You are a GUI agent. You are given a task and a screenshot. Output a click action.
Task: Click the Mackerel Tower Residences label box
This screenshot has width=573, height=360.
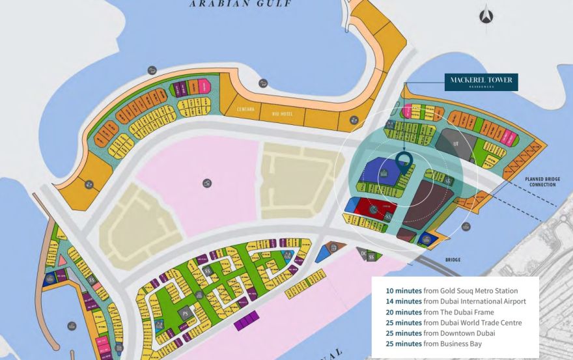click(x=481, y=82)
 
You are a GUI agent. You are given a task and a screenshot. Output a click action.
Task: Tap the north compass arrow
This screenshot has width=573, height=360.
click(x=486, y=16)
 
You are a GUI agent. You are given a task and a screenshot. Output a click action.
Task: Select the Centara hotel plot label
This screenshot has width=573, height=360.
click(x=245, y=109)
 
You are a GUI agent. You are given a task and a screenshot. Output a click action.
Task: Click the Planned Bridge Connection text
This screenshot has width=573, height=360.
click(x=540, y=181)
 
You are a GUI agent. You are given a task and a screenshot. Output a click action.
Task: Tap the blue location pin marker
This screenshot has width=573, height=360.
click(x=404, y=159)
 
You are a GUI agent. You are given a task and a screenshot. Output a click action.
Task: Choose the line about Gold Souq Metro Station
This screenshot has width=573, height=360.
click(x=452, y=290)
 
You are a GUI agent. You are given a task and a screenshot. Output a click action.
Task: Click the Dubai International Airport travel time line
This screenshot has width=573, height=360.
click(x=456, y=301)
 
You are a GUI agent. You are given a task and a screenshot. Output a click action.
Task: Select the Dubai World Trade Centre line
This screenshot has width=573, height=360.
click(x=453, y=322)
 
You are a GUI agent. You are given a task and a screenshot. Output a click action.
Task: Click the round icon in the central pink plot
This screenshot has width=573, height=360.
click(x=207, y=184)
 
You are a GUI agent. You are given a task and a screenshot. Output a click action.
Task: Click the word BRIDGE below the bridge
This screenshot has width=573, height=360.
click(x=453, y=260)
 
